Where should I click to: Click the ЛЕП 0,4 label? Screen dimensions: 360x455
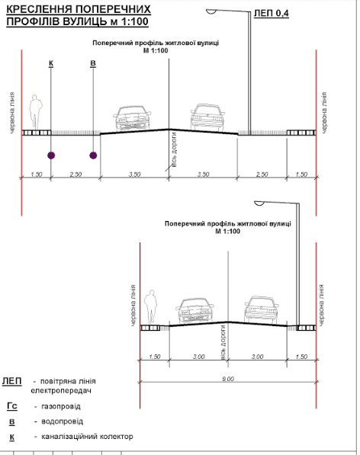[x=272, y=14]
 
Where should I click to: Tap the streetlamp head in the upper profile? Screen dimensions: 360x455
[x=211, y=11]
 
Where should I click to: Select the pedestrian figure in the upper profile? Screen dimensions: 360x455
[x=36, y=112]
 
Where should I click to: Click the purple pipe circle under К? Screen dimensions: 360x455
[x=51, y=155]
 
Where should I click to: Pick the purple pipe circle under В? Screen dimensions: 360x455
[x=93, y=155]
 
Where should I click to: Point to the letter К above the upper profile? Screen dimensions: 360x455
[x=51, y=63]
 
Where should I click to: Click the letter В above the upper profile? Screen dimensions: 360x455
[x=93, y=63]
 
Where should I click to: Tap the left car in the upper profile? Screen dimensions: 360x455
[x=132, y=118]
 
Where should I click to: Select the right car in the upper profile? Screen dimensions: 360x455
[x=207, y=117]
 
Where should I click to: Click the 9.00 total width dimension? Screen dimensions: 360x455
[x=228, y=379]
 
